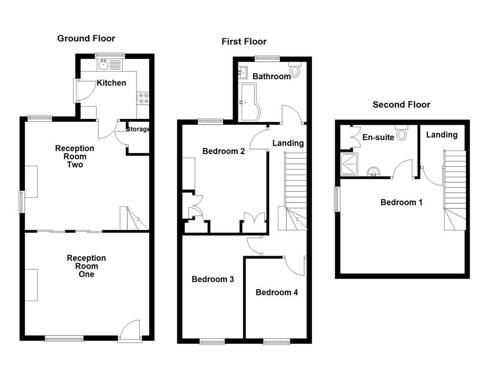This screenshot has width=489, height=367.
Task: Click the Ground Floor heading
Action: pyautogui.click(x=86, y=38)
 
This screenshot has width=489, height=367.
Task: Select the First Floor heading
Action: pyautogui.click(x=244, y=42)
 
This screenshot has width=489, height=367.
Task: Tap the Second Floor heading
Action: pyautogui.click(x=401, y=105)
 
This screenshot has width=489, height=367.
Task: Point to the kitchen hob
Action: pyautogui.click(x=143, y=98)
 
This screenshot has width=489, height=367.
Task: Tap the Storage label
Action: pyautogui.click(x=138, y=129)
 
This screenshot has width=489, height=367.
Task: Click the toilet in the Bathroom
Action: pyautogui.click(x=295, y=71)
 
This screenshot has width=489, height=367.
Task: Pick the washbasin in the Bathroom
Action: pyautogui.click(x=242, y=73)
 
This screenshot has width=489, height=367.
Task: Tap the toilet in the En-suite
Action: pyautogui.click(x=402, y=132)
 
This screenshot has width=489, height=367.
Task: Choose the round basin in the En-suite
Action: pyautogui.click(x=373, y=172)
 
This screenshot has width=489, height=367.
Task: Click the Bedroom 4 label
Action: pyautogui.click(x=276, y=292)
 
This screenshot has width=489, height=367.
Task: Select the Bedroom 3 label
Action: pyautogui.click(x=213, y=279)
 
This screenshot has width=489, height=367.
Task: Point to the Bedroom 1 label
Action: pyautogui.click(x=401, y=202)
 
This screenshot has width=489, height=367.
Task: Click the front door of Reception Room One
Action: pyautogui.click(x=130, y=331)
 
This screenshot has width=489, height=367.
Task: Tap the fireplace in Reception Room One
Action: pyautogui.click(x=32, y=285)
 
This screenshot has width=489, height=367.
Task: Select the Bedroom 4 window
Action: pyautogui.click(x=276, y=341)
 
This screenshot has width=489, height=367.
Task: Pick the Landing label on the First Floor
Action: pyautogui.click(x=288, y=143)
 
